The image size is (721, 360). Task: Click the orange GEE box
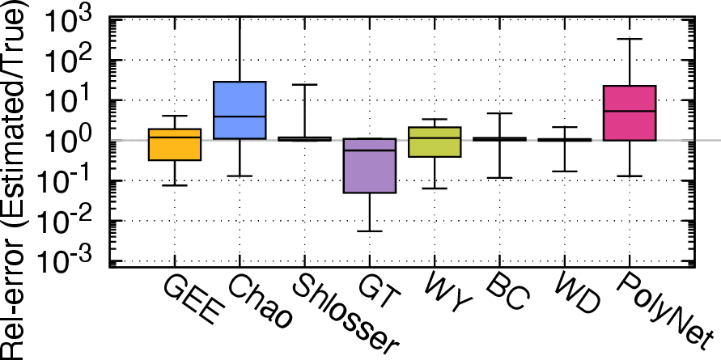click(x=175, y=144)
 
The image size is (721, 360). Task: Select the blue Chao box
click(x=240, y=110)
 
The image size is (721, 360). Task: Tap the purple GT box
click(x=370, y=166)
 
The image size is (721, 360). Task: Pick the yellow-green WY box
click(x=435, y=142)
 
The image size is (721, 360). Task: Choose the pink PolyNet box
click(x=630, y=112)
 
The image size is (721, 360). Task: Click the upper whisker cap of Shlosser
click(x=304, y=85)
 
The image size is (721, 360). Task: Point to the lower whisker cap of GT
click(x=370, y=231)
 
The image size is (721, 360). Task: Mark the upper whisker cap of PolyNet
click(x=630, y=39)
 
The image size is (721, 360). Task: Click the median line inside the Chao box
click(x=240, y=116)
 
